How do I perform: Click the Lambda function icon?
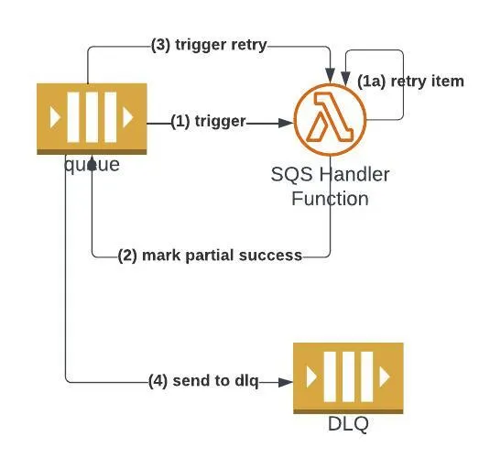click(x=330, y=121)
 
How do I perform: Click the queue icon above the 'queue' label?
click(x=92, y=118)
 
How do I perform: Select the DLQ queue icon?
click(x=347, y=377)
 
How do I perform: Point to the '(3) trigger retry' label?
click(x=209, y=46)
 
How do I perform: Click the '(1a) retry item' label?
click(x=410, y=81)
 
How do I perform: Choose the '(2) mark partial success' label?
click(x=211, y=256)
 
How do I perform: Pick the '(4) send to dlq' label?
click(x=202, y=380)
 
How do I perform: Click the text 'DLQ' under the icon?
click(x=347, y=424)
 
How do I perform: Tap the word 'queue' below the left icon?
click(x=92, y=164)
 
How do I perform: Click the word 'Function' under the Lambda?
click(x=330, y=198)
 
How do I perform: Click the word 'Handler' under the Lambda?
click(x=352, y=174)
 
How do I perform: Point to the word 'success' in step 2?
click(x=272, y=256)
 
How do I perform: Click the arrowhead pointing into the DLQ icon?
click(x=284, y=380)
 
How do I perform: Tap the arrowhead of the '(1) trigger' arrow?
click(x=283, y=121)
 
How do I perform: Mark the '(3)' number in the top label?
click(x=161, y=46)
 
